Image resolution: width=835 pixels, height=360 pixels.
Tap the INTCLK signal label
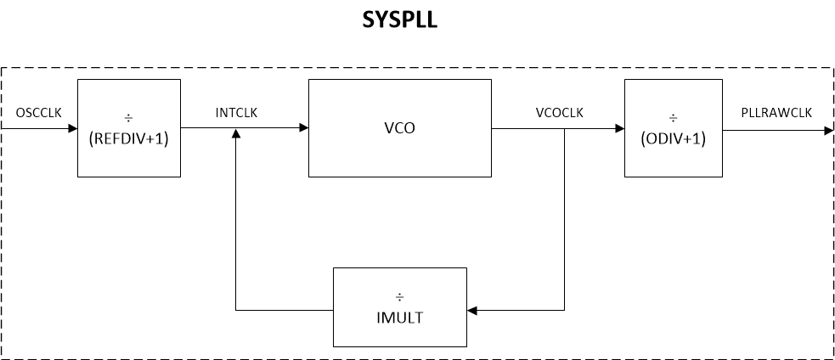pyautogui.click(x=238, y=113)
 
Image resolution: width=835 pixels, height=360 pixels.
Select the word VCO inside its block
pyautogui.click(x=398, y=129)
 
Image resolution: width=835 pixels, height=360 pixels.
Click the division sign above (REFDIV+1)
pyautogui.click(x=128, y=117)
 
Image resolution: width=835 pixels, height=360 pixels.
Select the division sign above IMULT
pyautogui.click(x=399, y=298)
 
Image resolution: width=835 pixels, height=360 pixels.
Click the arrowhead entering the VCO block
pyautogui.click(x=302, y=129)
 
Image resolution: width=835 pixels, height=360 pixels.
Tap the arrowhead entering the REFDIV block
pyautogui.click(x=71, y=129)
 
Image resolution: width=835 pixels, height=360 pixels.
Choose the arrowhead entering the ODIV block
pyautogui.click(x=618, y=129)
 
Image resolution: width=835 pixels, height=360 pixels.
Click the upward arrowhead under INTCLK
pyautogui.click(x=235, y=135)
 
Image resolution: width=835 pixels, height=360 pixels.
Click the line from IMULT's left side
pyautogui.click(x=285, y=310)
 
